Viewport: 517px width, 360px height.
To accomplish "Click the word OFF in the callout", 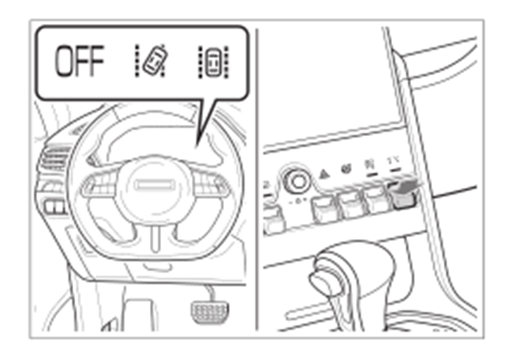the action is (x=79, y=61).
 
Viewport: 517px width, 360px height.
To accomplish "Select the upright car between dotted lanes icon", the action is (x=214, y=62).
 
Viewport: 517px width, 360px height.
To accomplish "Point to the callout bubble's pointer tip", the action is (x=196, y=147).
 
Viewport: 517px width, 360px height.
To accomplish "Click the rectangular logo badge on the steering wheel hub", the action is (x=154, y=185).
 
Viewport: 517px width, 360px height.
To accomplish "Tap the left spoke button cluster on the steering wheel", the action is (x=99, y=186).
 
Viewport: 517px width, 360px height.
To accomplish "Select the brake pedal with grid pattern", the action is (x=209, y=312).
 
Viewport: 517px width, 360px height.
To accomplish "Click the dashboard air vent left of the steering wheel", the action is (x=54, y=159).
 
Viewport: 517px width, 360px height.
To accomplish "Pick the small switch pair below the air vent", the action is (x=55, y=207).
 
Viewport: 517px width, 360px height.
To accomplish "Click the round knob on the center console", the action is (x=298, y=181).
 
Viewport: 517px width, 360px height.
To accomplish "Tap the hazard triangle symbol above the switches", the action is (x=325, y=173).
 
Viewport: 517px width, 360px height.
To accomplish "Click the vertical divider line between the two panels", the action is (x=257, y=180).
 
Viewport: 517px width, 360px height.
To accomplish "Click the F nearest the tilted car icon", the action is (x=97, y=61).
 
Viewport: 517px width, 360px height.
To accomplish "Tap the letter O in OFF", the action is (x=64, y=61).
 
